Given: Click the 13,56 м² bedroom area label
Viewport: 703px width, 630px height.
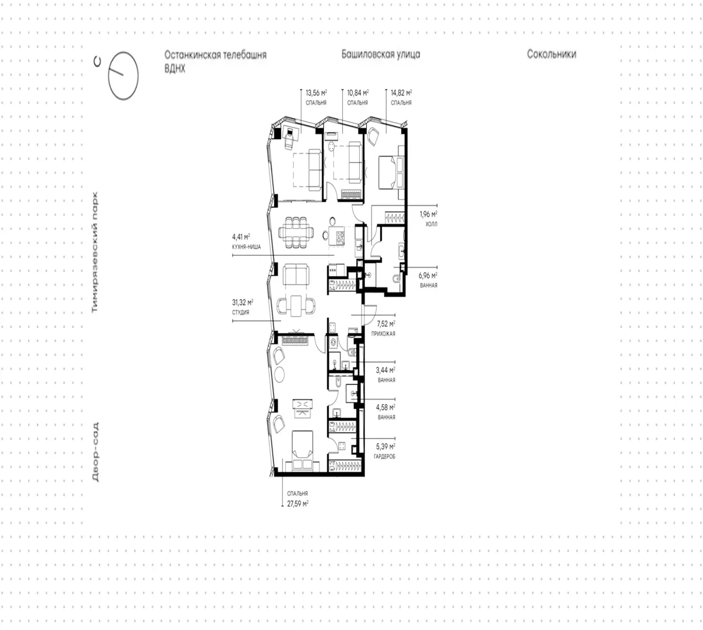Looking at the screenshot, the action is (316, 97).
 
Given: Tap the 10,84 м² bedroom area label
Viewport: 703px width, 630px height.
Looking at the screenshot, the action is (358, 97).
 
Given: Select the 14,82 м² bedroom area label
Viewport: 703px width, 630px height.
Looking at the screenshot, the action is (401, 97).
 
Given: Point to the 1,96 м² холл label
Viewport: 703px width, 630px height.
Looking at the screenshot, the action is (428, 219).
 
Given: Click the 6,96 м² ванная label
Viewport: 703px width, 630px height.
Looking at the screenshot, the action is (428, 280).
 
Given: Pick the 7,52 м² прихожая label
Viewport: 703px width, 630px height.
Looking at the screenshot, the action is (383, 328).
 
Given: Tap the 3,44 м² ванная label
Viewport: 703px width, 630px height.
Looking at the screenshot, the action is (385, 375).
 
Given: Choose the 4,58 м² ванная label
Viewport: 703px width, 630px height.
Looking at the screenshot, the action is (385, 412).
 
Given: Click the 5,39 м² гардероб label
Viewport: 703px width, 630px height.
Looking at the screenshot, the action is (384, 451).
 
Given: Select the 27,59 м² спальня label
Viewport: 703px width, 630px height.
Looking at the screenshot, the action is (298, 499).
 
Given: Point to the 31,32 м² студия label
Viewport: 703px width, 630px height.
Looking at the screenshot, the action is (243, 307).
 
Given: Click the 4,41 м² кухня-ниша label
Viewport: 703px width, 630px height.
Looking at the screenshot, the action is (247, 242).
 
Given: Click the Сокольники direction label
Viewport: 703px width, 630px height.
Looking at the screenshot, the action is (551, 54).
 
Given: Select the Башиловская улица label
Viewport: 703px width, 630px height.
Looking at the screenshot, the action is (381, 55).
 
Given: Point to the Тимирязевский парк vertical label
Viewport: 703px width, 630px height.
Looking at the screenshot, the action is (95, 252).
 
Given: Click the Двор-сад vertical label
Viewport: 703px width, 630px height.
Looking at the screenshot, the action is (95, 452).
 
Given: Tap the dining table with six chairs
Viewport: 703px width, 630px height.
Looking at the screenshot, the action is (296, 232).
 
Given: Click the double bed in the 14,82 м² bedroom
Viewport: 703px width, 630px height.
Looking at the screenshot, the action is (391, 172).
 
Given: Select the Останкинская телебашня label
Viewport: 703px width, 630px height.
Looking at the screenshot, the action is (216, 55).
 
